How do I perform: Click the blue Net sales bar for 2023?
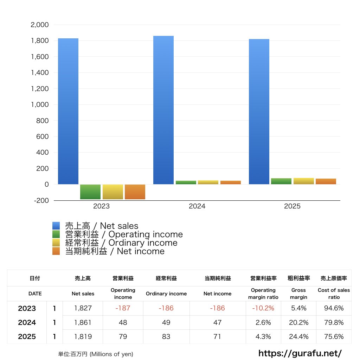68,111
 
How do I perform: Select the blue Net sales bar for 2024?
163,110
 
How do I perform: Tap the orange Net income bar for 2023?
135,192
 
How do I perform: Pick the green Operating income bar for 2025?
281,181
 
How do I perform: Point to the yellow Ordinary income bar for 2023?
113,192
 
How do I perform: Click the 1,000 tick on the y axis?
40,105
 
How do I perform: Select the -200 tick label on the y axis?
41,200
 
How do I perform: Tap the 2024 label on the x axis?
197,206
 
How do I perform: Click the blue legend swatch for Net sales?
56,226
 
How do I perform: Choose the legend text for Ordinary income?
121,243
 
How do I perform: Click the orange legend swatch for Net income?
56,251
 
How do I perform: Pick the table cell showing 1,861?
83,322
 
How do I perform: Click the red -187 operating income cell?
123,308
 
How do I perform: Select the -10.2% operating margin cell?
263,308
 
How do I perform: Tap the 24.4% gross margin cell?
298,336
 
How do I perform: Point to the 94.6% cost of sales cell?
334,308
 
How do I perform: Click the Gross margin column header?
298,294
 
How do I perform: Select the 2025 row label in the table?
27,336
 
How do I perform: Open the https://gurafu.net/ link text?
300,353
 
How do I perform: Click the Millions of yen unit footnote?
96,354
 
